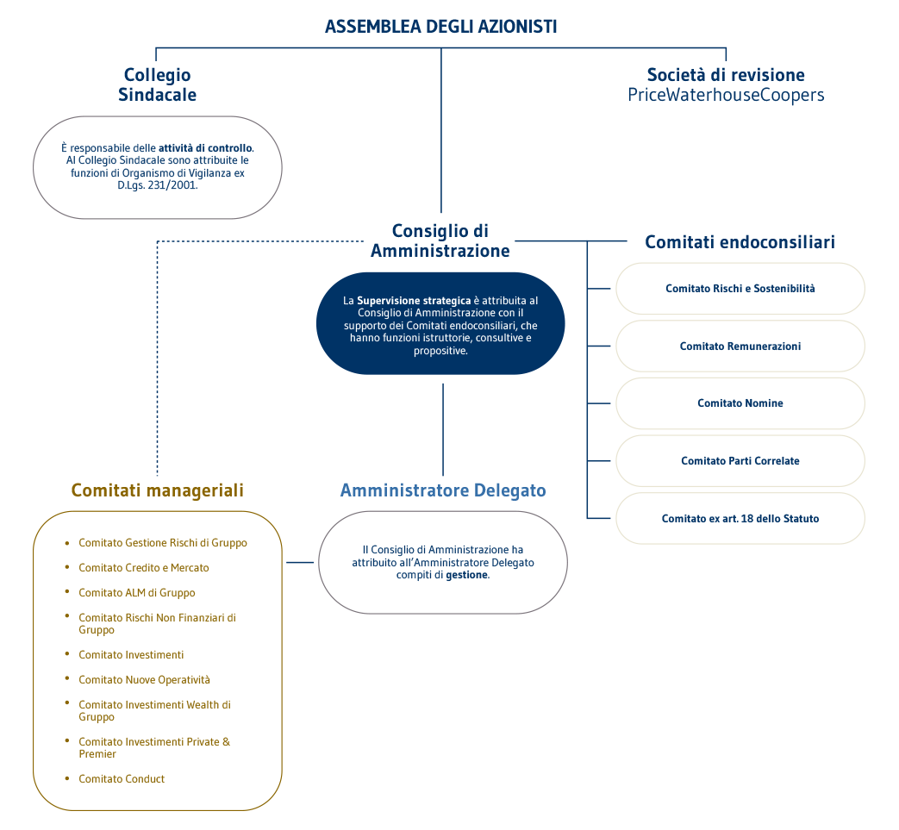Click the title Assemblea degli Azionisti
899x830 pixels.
440,27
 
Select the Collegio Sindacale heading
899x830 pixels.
157,85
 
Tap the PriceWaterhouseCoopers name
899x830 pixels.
726,96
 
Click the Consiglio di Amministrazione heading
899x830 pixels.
440,240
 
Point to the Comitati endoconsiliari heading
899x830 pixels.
740,242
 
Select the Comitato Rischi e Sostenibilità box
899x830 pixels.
740,289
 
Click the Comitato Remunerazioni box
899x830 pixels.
740,346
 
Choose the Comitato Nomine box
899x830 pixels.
740,403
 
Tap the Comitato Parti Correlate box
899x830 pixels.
740,461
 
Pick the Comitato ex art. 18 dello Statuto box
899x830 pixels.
740,519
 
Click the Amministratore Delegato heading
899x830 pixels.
442,490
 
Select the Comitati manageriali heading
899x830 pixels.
157,490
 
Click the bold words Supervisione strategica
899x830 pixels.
414,301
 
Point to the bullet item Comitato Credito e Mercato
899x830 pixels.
143,568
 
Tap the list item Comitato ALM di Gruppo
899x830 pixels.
136,593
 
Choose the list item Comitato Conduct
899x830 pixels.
122,779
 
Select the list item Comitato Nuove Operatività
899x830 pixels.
144,680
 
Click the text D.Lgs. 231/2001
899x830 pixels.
157,185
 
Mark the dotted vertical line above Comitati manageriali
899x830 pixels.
158,362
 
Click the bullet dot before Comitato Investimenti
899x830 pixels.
67,654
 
